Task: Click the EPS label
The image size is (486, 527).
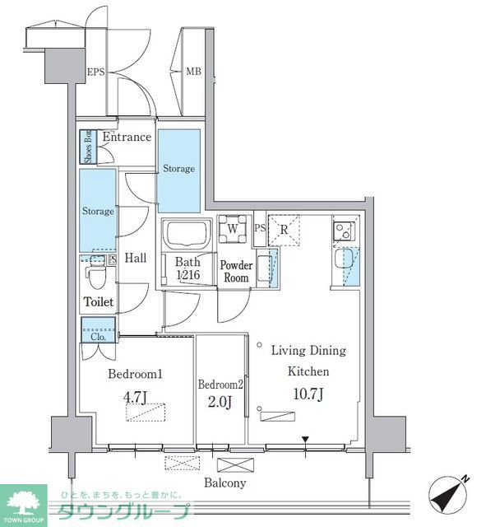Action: click(x=97, y=72)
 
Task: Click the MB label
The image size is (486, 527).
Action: click(x=192, y=72)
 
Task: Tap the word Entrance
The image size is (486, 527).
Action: click(x=127, y=138)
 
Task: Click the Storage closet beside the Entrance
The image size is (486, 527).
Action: click(x=178, y=170)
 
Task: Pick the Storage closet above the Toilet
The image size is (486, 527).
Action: click(x=98, y=211)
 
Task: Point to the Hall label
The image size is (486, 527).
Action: click(x=136, y=259)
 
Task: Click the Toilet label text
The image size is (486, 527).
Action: click(x=99, y=303)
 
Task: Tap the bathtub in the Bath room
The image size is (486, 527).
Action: click(x=187, y=234)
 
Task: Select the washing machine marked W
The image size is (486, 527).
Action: click(x=233, y=230)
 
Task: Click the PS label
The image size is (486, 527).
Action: click(x=260, y=228)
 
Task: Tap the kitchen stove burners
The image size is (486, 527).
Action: click(x=344, y=230)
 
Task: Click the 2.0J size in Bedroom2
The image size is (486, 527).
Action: click(x=220, y=403)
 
